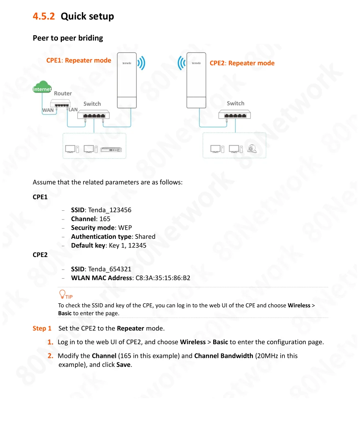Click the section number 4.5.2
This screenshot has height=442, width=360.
44,16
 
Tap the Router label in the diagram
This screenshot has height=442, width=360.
63,93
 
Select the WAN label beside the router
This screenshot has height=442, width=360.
48,110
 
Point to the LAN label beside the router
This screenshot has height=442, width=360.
73,110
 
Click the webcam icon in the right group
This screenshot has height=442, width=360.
252,148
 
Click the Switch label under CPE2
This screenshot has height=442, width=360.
235,103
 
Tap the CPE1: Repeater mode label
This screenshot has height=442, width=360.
79,60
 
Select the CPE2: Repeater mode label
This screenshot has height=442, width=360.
242,63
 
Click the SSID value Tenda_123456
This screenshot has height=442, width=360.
110,210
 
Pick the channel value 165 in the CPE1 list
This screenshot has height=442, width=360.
105,219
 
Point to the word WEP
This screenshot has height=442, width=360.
125,228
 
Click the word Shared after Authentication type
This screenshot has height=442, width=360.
145,237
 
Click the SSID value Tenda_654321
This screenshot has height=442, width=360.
110,269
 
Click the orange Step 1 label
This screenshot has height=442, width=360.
42,328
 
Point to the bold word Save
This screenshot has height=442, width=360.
123,365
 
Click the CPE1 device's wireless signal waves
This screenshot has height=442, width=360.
141,63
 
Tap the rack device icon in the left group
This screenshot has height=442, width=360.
111,149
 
